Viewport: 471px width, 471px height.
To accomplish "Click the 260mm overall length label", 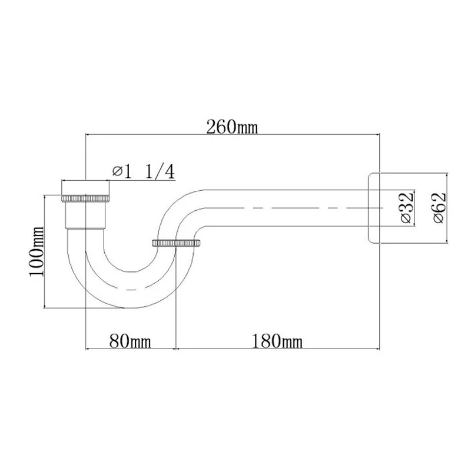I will coord(231,127).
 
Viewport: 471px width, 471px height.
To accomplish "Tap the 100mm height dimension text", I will coord(36,251).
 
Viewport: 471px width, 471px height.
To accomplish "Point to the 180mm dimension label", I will coord(277,340).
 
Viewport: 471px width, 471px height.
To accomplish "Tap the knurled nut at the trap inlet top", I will coord(86,197).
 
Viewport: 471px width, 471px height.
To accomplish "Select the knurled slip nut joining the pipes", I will coord(176,243).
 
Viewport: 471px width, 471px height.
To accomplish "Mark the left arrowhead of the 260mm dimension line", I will coord(89,135).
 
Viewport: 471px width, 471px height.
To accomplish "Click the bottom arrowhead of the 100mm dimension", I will coord(45,305).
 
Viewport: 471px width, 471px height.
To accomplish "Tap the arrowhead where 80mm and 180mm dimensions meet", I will coord(176,348).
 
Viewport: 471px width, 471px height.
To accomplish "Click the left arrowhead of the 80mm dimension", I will coord(89,348).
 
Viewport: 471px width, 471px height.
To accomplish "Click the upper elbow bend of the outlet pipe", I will coord(177,206).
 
